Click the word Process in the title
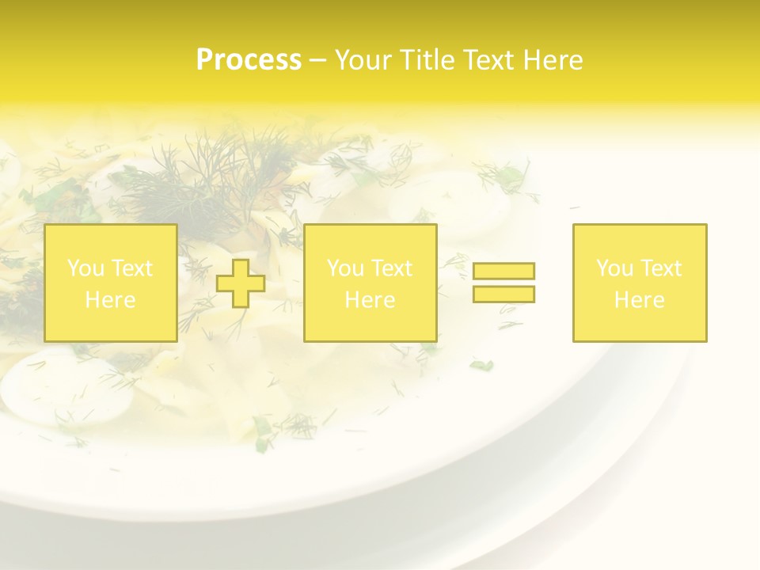[249, 60]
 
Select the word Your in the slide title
[363, 60]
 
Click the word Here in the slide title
[552, 60]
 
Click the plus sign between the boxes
[241, 283]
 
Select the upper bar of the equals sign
[503, 271]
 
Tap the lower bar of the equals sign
[503, 294]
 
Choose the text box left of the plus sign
[110, 283]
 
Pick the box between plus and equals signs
[370, 283]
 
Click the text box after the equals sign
[640, 283]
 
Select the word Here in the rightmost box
[640, 300]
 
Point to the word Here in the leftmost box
[110, 300]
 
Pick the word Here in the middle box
[370, 300]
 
